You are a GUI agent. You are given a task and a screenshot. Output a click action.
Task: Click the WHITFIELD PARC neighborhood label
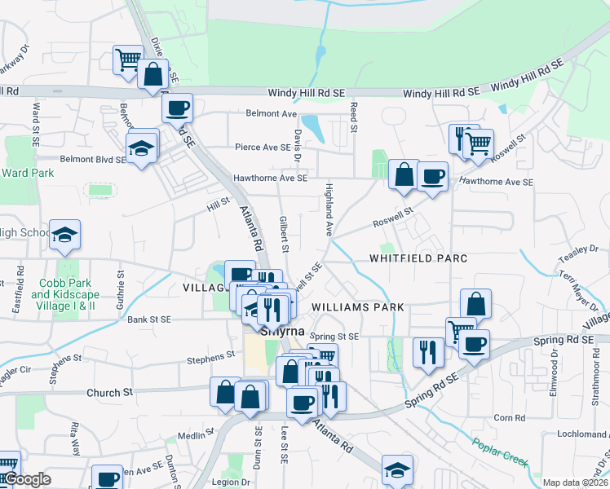tap(418, 258)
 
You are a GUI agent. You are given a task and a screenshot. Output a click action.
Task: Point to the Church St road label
tap(109, 392)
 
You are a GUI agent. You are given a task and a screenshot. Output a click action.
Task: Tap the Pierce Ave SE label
tap(263, 148)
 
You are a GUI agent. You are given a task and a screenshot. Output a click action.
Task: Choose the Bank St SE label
tap(148, 319)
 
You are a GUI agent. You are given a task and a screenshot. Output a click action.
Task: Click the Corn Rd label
tap(509, 418)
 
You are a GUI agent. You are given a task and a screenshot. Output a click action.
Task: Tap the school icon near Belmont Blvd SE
tap(141, 148)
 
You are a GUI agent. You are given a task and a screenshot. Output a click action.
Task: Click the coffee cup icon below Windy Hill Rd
tap(178, 107)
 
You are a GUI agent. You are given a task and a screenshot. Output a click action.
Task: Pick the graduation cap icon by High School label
tap(64, 235)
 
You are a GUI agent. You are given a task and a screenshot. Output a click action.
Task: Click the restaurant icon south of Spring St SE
tap(427, 351)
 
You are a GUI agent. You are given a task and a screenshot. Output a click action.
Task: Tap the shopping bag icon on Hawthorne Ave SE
tap(404, 174)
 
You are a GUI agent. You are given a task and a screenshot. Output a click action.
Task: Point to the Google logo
tap(27, 480)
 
